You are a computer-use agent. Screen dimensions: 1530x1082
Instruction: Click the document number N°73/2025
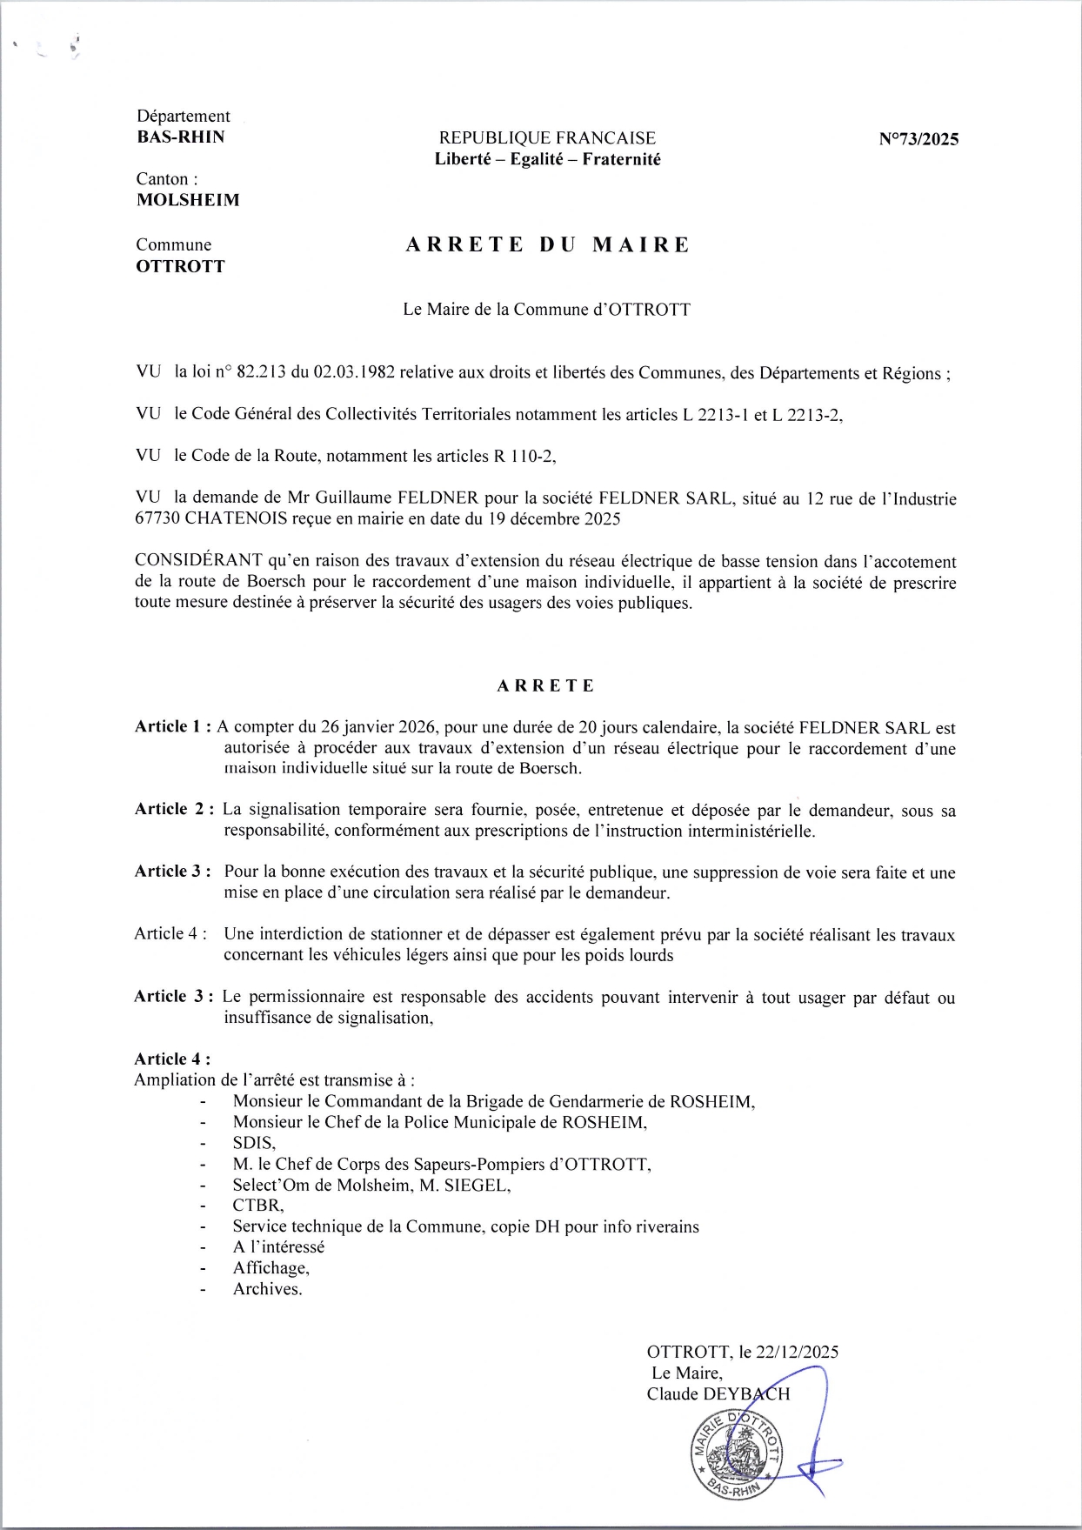[918, 139]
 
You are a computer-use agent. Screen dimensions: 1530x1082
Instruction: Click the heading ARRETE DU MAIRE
[547, 245]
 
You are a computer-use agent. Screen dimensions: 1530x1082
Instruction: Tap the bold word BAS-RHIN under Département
[181, 137]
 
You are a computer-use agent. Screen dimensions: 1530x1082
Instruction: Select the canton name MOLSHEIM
[188, 200]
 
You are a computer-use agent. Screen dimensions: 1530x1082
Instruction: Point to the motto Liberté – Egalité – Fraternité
[547, 159]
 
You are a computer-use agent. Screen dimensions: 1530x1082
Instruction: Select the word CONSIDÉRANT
[198, 562]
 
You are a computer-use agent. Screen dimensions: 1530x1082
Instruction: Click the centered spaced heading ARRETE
[545, 685]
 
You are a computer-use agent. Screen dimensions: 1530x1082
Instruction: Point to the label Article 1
[170, 727]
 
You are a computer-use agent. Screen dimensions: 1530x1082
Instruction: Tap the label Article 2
[173, 809]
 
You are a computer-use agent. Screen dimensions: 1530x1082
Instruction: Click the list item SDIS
[253, 1143]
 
